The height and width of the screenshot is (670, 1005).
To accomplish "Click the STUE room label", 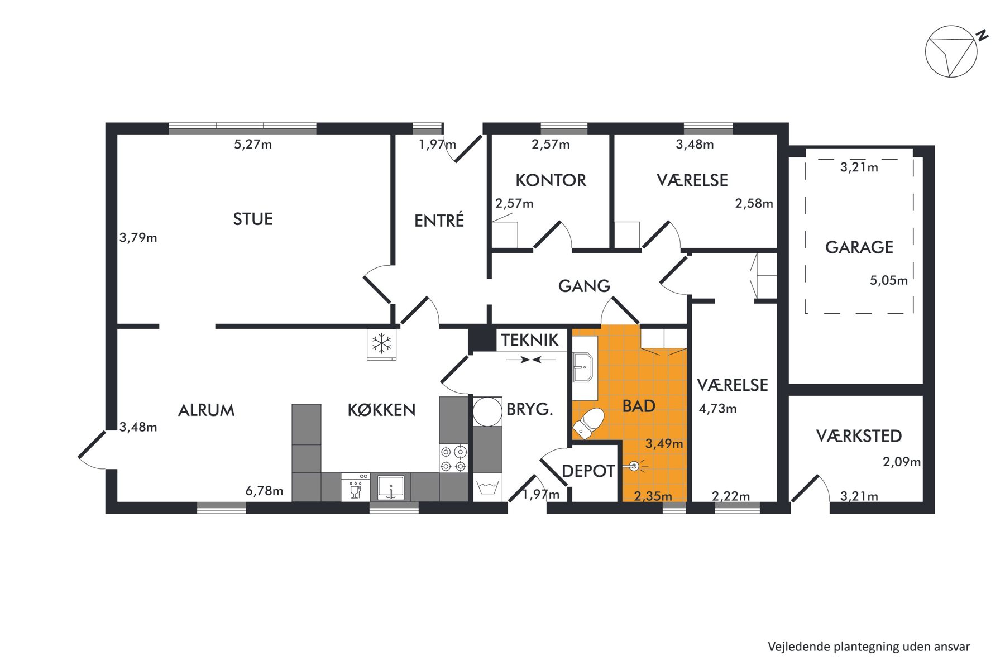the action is (x=253, y=219).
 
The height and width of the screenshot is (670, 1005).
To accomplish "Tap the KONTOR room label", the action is (x=551, y=180).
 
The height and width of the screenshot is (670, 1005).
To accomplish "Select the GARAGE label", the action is (x=859, y=247).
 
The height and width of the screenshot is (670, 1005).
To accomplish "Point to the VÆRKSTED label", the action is (x=859, y=436).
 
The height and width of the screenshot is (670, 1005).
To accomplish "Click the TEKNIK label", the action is (x=529, y=340).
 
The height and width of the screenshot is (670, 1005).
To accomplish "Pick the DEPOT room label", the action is (x=588, y=471).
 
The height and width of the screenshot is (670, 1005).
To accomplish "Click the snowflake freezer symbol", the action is (x=382, y=343).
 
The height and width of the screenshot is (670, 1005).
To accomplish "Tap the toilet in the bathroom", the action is (x=588, y=422).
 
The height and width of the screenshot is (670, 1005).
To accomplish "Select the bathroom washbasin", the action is (x=584, y=367).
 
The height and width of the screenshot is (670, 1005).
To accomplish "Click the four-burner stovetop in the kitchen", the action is (x=453, y=458).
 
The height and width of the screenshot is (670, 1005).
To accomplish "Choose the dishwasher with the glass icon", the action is (x=355, y=487).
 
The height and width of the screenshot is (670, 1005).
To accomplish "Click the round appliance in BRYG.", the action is (x=487, y=412).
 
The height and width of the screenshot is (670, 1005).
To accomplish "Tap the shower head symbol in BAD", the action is (x=635, y=465).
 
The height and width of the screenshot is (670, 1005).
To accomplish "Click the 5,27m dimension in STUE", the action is (x=253, y=145).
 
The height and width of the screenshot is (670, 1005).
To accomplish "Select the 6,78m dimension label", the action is (x=264, y=491).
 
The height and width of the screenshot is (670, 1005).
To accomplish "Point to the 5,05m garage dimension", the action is (x=888, y=280).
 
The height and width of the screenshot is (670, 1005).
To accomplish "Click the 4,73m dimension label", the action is (x=717, y=409).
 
